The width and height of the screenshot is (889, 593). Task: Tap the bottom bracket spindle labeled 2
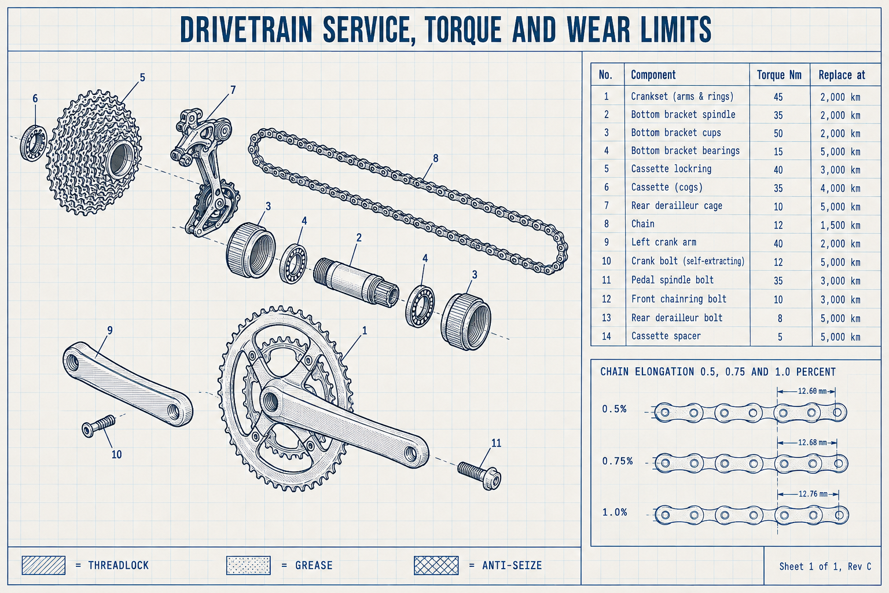(x=356, y=281)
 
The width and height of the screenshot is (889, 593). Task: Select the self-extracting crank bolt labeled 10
(x=98, y=426)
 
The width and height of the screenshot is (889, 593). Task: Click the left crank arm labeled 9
(x=127, y=384)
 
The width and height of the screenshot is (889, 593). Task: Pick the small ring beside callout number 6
(x=34, y=143)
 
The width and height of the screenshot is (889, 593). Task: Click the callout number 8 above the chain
(x=435, y=158)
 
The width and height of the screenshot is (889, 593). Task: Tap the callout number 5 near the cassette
(x=142, y=78)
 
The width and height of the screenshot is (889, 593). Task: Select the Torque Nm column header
(x=779, y=75)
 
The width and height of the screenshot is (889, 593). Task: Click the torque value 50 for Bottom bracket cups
(x=778, y=133)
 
